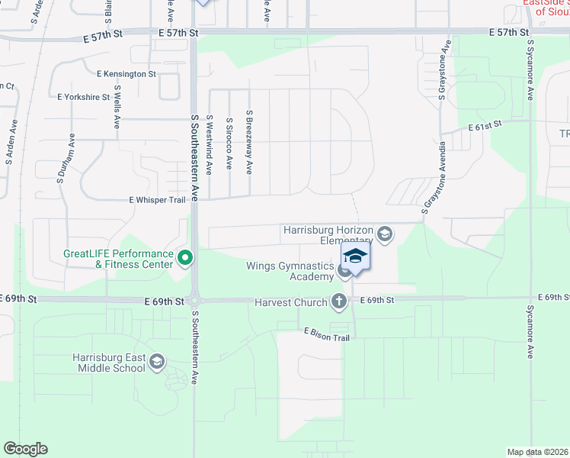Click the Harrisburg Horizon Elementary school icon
click(x=385, y=234)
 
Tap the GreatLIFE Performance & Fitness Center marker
click(x=184, y=259)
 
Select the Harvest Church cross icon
click(x=339, y=302)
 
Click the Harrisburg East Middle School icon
click(x=158, y=361)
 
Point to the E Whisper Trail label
click(x=157, y=199)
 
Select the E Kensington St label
click(x=126, y=74)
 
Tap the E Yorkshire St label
click(x=84, y=98)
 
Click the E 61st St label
click(x=485, y=124)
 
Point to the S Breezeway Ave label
click(x=249, y=141)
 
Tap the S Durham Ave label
click(x=66, y=160)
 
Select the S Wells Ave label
click(x=117, y=106)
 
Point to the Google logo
click(x=25, y=449)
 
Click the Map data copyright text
click(x=537, y=452)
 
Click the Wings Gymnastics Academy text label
click(x=290, y=271)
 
